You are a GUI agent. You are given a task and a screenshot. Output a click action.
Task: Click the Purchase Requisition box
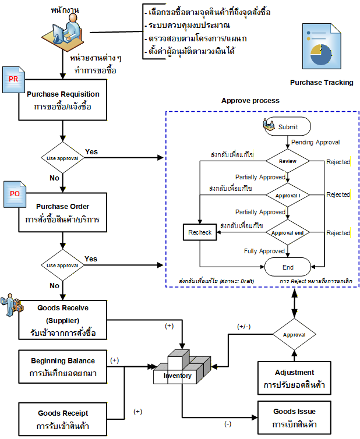point(63,100)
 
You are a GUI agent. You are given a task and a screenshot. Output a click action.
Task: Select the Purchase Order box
point(63,213)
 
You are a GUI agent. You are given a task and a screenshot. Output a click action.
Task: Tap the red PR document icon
point(13,80)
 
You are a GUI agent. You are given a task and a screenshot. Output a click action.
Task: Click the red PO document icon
point(15,194)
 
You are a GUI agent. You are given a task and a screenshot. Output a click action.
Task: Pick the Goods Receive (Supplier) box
point(63,320)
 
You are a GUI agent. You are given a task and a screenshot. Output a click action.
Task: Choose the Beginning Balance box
point(63,366)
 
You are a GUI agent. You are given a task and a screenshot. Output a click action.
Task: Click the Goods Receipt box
point(63,419)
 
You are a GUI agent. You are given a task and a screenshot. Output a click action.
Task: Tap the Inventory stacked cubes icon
point(182,367)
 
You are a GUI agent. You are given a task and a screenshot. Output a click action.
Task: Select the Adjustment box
point(294,378)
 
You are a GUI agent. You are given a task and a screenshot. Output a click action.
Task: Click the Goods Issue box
point(294,417)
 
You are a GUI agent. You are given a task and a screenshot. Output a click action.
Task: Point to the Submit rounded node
point(287,126)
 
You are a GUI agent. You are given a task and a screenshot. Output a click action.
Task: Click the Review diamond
point(288,161)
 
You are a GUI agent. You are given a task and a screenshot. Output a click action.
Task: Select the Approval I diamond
point(288,195)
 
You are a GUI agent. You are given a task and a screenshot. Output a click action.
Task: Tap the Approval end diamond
point(288,232)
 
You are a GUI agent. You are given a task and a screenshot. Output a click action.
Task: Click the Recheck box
point(200,232)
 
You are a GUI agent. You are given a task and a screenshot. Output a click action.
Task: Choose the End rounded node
point(288,267)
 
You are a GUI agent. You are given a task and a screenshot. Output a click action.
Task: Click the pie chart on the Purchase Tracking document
point(321,55)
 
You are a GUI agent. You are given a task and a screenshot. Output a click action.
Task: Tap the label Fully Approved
point(264,251)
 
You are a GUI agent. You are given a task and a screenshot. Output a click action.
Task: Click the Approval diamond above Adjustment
point(294,334)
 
